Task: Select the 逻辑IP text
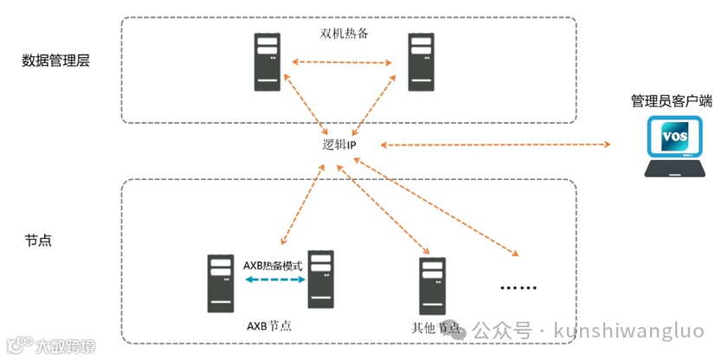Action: point(339,145)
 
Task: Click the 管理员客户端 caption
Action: point(671,101)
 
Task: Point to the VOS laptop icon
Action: point(674,148)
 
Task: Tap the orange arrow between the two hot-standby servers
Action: point(343,62)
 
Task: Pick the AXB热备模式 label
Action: point(273,266)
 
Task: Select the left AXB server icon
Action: point(220,283)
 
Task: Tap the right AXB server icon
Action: point(321,280)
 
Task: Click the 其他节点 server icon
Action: point(431,286)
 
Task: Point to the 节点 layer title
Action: point(38,240)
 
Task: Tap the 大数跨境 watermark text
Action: point(65,347)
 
